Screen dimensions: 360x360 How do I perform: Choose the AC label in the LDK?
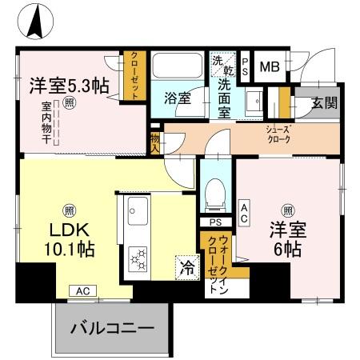click(82, 291)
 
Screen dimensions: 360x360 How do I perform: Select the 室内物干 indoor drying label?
click(46, 123)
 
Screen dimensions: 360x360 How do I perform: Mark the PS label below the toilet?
click(214, 222)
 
